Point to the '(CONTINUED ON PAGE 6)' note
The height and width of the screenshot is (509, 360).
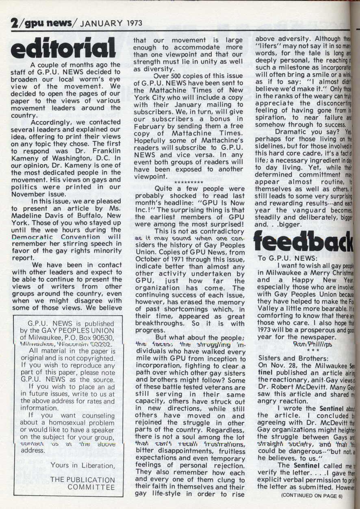pyautogui.click(x=312, y=496)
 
